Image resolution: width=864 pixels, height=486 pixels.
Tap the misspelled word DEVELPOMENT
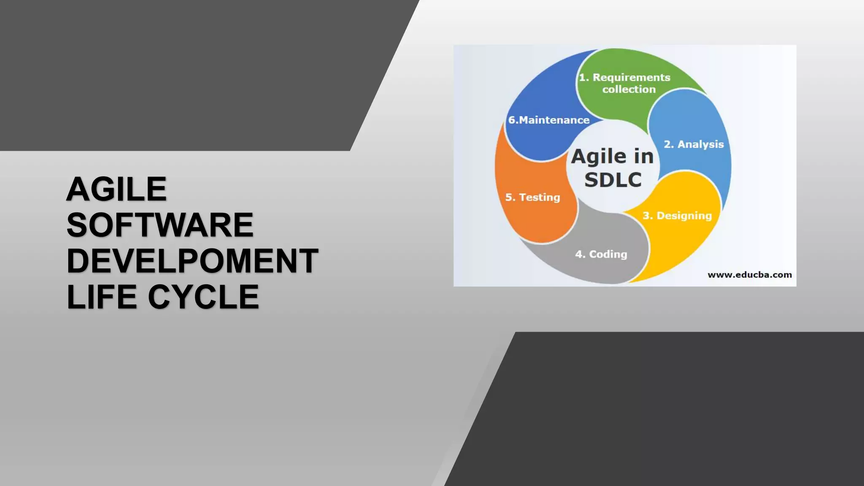pos(192,261)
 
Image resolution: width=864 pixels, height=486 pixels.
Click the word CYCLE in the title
pos(203,297)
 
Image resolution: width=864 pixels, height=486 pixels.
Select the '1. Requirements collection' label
pos(625,83)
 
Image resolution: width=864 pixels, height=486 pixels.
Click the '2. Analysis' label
pos(694,144)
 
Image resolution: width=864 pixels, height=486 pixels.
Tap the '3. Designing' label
pos(677,216)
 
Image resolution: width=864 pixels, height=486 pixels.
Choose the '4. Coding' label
pos(601,254)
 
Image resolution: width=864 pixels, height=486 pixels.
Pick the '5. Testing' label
pos(533,197)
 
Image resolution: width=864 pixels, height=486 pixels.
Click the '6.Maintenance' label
pos(548,120)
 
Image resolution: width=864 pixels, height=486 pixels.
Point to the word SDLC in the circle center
pos(613,180)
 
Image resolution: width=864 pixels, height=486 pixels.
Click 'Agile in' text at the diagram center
pos(613,157)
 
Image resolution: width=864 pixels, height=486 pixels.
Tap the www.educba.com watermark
pos(749,275)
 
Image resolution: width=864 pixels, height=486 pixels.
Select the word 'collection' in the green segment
pos(629,89)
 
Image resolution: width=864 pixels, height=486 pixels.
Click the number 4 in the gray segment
pos(579,254)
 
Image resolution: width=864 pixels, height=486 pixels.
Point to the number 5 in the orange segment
pos(509,197)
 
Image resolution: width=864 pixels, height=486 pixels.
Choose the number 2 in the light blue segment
pos(667,144)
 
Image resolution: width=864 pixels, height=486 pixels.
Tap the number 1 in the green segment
pos(583,78)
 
